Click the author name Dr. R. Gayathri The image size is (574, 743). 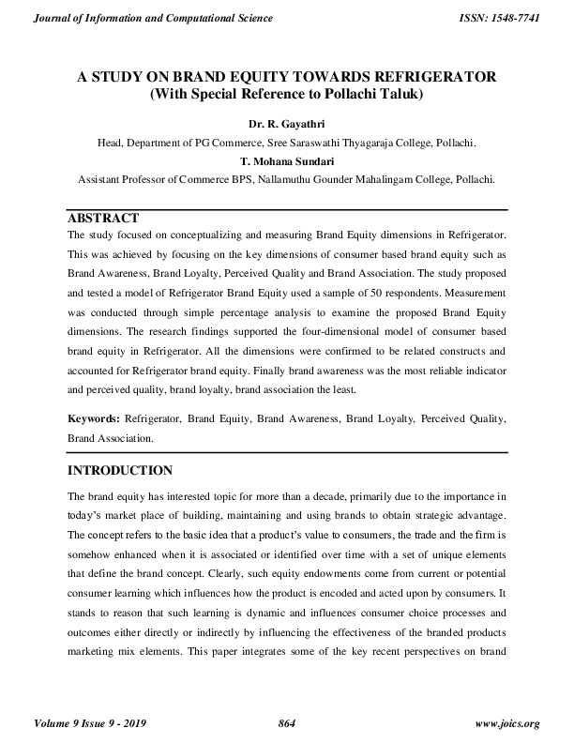(287, 122)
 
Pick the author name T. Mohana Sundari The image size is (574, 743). (287, 159)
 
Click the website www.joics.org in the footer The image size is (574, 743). (507, 723)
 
